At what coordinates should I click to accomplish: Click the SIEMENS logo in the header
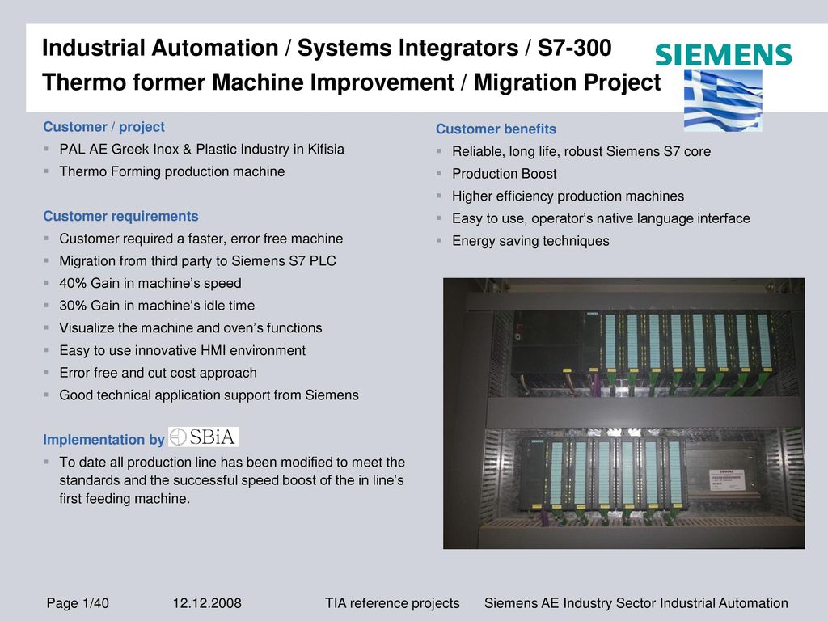tap(724, 55)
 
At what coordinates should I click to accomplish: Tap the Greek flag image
tap(723, 100)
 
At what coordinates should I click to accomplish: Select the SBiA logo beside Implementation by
tap(204, 437)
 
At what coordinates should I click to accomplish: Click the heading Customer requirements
tap(121, 216)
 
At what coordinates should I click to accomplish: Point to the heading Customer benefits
tap(496, 129)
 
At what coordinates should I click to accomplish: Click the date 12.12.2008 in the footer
tap(207, 603)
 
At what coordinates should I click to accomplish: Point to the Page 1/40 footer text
tap(78, 603)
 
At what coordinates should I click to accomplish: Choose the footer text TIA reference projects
tap(392, 603)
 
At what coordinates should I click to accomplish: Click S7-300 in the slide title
tap(575, 48)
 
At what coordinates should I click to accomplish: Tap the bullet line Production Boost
tap(505, 174)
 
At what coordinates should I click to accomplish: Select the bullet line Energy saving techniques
tap(530, 241)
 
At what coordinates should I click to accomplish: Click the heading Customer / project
tap(104, 127)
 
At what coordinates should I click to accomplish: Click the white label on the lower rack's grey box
tap(727, 479)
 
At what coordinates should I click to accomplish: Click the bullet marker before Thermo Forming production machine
tap(46, 171)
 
